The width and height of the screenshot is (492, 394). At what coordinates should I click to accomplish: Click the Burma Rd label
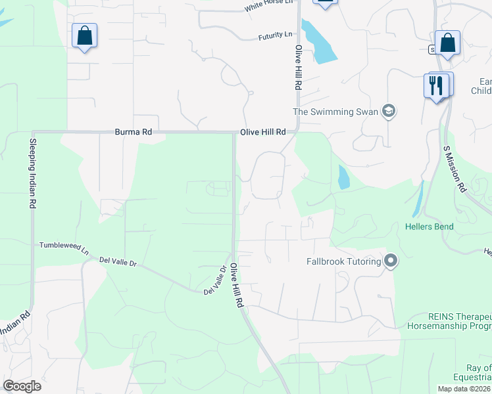point(133,132)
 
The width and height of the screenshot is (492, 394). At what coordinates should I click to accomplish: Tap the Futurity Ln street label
point(276,34)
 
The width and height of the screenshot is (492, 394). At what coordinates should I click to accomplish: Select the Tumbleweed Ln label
point(64,246)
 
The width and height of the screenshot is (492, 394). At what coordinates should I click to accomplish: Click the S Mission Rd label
point(455,169)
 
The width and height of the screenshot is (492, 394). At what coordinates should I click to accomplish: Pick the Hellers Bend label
point(430,227)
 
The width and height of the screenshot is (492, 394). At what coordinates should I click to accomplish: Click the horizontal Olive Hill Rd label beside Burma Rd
point(263,132)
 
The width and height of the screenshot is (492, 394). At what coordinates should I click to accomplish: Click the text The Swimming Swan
point(335,112)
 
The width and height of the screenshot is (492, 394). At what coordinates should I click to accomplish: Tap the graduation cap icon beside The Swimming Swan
point(389,111)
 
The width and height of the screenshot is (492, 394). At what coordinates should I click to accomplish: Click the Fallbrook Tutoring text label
point(344,261)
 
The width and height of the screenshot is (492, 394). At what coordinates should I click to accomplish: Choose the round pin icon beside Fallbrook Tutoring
point(391,261)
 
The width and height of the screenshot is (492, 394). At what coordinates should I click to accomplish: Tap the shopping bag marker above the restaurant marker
point(447,43)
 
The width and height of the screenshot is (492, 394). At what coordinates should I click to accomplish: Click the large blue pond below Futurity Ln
point(318,43)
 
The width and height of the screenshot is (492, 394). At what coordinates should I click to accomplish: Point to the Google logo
point(22,386)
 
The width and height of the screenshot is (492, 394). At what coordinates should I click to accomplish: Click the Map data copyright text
point(464,389)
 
